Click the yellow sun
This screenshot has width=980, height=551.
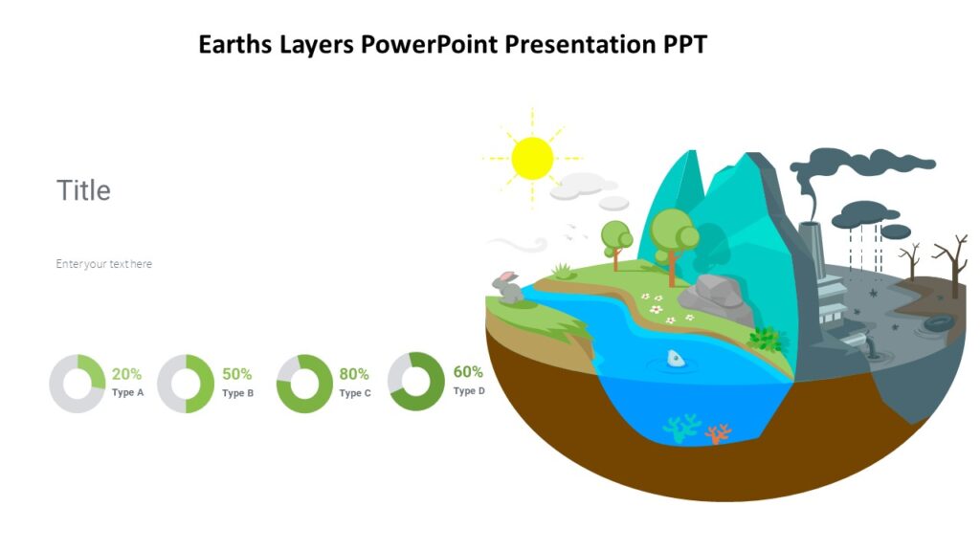click(532, 158)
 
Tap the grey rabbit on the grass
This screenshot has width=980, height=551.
click(507, 286)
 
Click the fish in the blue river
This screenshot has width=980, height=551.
click(676, 359)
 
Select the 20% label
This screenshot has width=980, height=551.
click(126, 374)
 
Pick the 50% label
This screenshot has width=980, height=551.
click(236, 374)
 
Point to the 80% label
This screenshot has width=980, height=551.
click(354, 374)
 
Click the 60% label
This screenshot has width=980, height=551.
click(468, 372)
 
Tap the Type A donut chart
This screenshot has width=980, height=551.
click(78, 384)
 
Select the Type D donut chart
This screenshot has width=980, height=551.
click(416, 382)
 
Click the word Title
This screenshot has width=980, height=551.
click(83, 190)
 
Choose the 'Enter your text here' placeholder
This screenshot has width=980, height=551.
click(103, 264)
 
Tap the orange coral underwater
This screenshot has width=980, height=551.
click(717, 433)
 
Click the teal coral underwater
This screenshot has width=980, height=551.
click(681, 429)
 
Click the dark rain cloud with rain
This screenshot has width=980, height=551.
click(865, 216)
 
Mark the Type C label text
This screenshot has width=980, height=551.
click(355, 393)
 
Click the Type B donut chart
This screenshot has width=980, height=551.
click(186, 384)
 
